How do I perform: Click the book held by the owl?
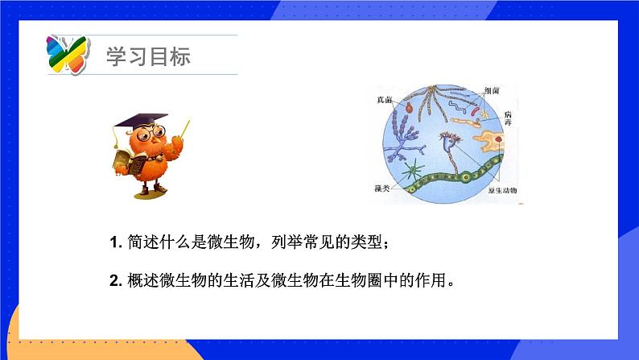pyautogui.click(x=128, y=162)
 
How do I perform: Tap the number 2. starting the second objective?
pyautogui.click(x=113, y=281)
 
